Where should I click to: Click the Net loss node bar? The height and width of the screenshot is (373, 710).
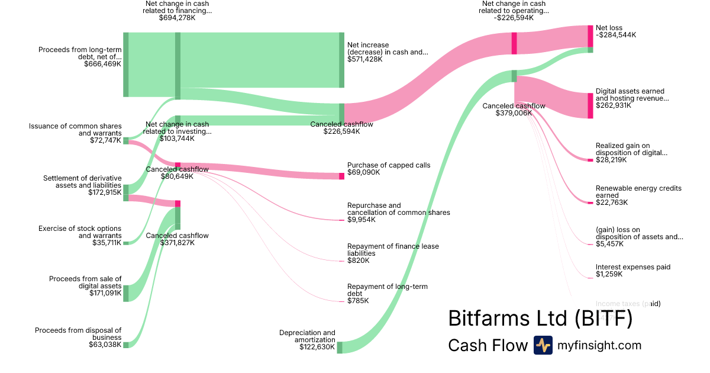[x=590, y=36]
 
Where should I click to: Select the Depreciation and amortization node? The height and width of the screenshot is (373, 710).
[x=340, y=347]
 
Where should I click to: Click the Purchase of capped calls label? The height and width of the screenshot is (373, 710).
[x=389, y=165]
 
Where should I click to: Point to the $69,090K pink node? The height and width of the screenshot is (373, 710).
[x=341, y=176]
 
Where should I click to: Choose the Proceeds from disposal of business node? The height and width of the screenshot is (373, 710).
[x=126, y=345]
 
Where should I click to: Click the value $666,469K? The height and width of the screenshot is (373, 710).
[x=102, y=64]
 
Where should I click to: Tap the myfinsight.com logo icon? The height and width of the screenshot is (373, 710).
[x=543, y=345]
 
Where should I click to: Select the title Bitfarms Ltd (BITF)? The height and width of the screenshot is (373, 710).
[x=540, y=318]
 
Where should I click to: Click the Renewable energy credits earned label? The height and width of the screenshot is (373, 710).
[x=638, y=192]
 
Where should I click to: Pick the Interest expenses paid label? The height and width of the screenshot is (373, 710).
[x=633, y=267]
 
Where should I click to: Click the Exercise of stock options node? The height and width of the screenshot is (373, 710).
[x=126, y=243]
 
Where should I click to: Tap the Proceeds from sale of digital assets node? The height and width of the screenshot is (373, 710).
[x=126, y=293]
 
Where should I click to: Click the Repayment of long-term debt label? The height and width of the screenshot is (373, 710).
[x=388, y=290]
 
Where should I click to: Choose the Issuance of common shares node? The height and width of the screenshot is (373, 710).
[x=126, y=140]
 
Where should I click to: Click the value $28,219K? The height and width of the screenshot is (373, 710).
[x=612, y=160]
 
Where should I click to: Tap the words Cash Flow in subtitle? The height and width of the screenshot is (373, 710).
[x=488, y=345]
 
